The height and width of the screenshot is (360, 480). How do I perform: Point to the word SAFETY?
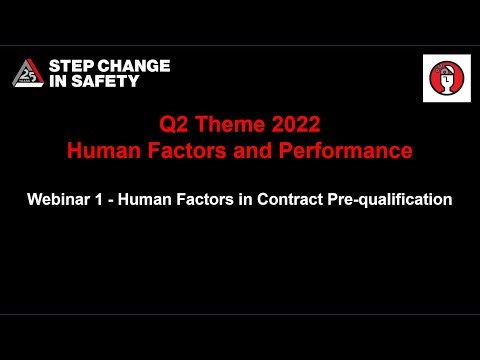pos(110,82)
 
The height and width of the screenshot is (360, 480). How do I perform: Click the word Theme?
pos(232,128)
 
